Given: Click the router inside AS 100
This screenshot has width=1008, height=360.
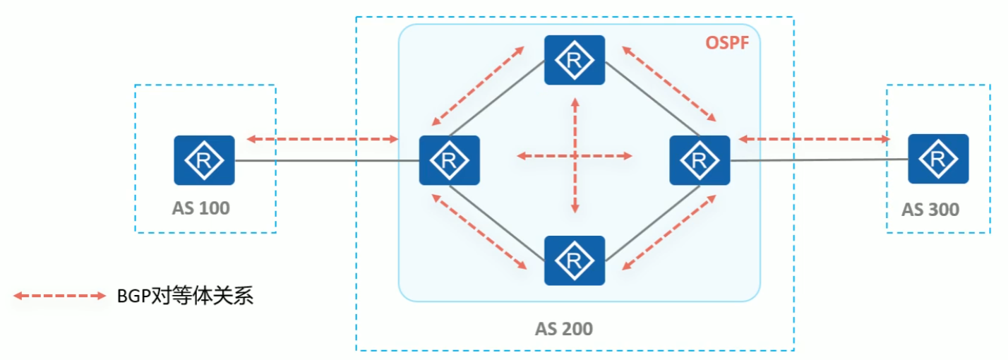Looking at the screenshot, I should click(x=204, y=160).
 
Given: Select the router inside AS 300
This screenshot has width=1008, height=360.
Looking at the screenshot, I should click(x=938, y=160).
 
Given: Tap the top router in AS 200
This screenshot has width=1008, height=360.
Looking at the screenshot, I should click(x=575, y=60).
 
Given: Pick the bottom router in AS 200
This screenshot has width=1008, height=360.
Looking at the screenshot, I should click(x=575, y=260).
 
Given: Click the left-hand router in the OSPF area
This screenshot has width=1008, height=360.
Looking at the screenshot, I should click(x=450, y=160).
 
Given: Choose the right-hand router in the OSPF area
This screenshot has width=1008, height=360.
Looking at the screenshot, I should click(x=700, y=160).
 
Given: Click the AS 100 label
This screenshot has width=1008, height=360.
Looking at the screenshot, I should click(x=201, y=208).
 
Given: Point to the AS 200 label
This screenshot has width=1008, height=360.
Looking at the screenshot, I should click(x=563, y=328).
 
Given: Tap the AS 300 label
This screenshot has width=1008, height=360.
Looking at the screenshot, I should click(x=930, y=210).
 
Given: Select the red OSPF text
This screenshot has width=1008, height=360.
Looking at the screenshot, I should click(x=727, y=43).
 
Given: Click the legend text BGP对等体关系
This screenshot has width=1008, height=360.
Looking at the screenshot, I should click(x=185, y=296).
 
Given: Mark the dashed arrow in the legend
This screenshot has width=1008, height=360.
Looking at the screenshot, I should click(x=59, y=296).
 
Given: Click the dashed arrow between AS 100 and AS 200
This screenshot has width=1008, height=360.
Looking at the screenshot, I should click(x=323, y=140).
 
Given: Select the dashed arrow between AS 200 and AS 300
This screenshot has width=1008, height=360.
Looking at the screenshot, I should click(x=813, y=140).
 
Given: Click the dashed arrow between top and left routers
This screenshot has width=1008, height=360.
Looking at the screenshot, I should click(x=477, y=84).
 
